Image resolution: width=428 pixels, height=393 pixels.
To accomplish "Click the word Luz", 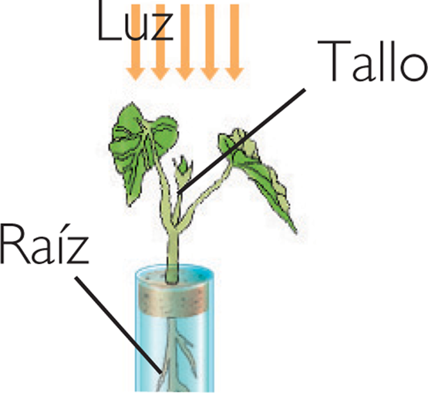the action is pyautogui.click(x=135, y=21).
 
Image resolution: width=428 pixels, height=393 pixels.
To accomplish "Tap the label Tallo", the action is pyautogui.click(x=372, y=61).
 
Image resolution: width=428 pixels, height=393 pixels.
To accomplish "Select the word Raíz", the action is pyautogui.click(x=45, y=244).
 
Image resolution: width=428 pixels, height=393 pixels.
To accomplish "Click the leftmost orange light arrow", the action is pyautogui.click(x=136, y=42).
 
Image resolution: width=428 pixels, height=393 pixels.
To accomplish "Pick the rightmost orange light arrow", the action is pyautogui.click(x=234, y=42).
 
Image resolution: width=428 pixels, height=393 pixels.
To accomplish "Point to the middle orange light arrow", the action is pyautogui.click(x=185, y=42).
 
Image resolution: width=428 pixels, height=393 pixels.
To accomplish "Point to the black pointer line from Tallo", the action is pyautogui.click(x=241, y=141).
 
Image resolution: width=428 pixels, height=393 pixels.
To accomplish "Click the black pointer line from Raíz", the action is pyautogui.click(x=118, y=325).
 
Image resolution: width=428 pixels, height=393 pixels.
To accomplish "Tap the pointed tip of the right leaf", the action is pyautogui.click(x=296, y=233).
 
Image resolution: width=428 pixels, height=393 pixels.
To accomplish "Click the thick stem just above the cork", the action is pyautogui.click(x=173, y=257).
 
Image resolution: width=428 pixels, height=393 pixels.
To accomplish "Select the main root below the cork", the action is pyautogui.click(x=171, y=354).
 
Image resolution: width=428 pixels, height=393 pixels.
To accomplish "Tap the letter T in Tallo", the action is pyautogui.click(x=334, y=61).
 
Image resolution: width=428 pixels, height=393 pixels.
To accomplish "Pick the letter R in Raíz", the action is pyautogui.click(x=14, y=244).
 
